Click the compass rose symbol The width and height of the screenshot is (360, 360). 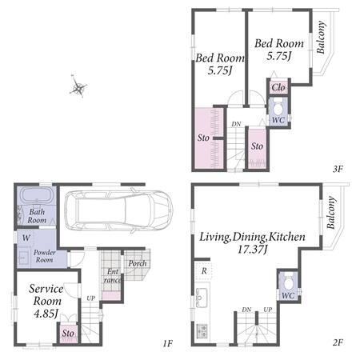tap(78, 87)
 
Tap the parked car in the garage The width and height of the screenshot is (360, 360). tap(119, 210)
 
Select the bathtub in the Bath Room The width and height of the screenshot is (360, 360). tap(37, 195)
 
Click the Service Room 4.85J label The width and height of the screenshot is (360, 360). tap(46, 301)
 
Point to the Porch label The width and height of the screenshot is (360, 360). tap(138, 263)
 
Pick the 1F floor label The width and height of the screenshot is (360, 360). tap(168, 343)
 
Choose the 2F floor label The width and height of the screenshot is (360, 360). tap(338, 342)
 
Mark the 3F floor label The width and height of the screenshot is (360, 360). tap(338, 169)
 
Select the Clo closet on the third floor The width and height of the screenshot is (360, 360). tap(278, 87)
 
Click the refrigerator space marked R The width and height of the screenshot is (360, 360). tap(204, 270)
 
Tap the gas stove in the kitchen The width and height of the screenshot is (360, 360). tap(202, 330)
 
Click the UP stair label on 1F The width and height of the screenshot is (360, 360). tap(90, 298)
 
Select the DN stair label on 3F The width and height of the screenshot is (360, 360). tap(236, 124)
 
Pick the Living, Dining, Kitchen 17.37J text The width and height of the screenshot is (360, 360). tap(252, 242)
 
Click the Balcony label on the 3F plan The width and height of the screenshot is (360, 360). tap(321, 37)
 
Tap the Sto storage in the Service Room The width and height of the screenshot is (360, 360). tap(68, 333)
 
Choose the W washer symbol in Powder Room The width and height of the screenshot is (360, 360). tap(26, 238)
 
